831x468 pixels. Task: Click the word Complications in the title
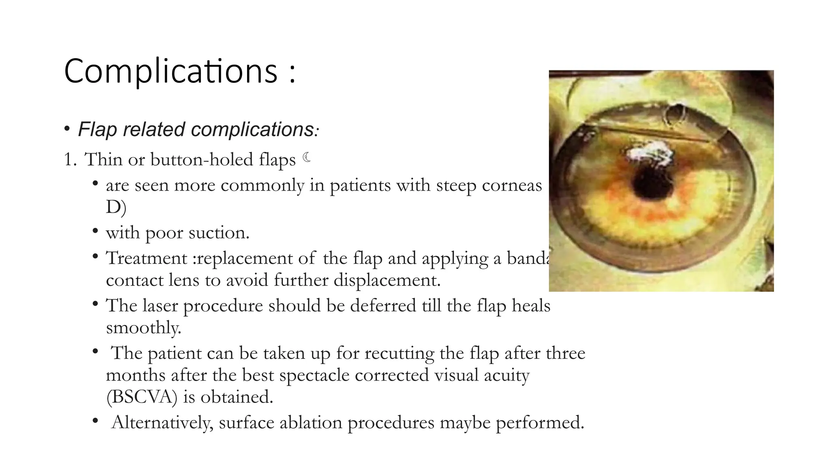coord(170,71)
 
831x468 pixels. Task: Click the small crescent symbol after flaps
coord(307,157)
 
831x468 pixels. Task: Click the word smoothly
coord(143,328)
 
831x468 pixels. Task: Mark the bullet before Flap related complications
coord(67,130)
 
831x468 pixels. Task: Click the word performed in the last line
coord(540,423)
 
